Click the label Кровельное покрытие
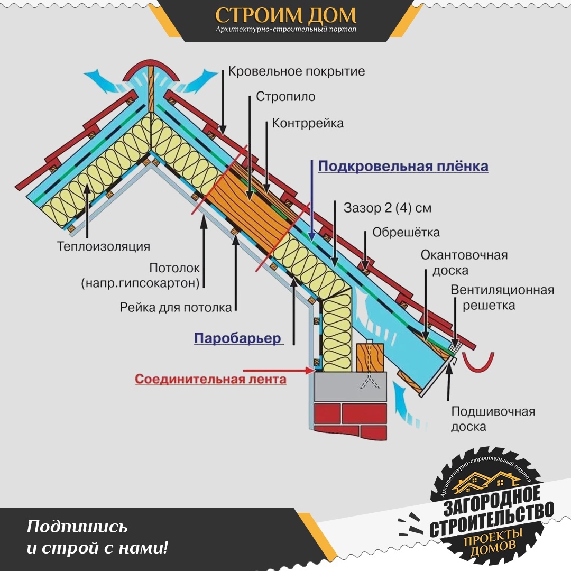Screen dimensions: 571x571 point(297,71)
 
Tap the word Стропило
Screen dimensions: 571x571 point(285,97)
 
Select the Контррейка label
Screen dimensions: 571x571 point(308,123)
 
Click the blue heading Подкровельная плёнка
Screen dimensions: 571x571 point(403,166)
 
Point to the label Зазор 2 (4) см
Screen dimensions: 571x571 point(388,208)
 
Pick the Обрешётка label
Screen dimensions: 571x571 point(406,232)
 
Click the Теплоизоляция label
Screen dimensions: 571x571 point(104,246)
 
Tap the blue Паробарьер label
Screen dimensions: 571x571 point(237,338)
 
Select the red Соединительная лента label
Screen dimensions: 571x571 point(210,379)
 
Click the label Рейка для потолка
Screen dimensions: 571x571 point(176,308)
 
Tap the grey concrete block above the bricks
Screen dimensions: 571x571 point(351,386)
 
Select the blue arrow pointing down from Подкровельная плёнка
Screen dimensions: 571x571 point(312,200)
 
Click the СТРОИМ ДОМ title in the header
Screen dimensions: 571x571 point(285,15)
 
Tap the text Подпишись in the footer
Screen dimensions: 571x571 point(77,527)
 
